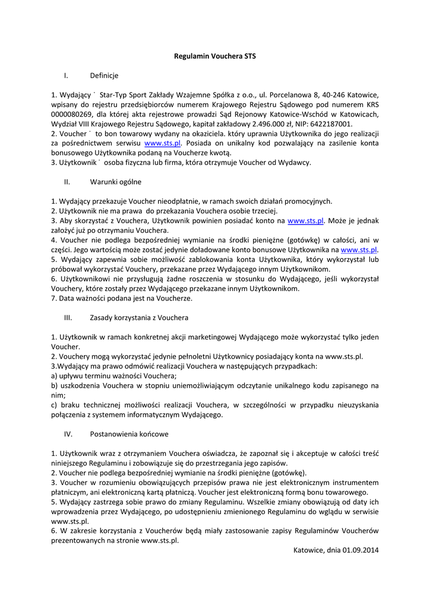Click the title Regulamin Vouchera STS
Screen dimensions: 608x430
215,55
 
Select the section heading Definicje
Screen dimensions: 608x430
104,75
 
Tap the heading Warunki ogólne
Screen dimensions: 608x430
115,182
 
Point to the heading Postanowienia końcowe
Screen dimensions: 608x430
129,434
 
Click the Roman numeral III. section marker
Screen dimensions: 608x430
67,318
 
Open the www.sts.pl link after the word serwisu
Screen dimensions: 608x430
162,143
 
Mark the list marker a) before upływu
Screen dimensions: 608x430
54,376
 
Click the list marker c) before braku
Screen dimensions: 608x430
54,405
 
